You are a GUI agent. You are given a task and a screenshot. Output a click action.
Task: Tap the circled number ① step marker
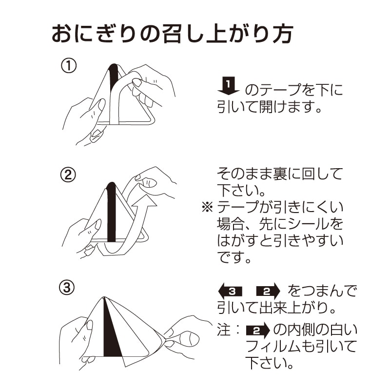click(x=68, y=65)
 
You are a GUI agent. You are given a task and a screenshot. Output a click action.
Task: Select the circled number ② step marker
click(x=68, y=175)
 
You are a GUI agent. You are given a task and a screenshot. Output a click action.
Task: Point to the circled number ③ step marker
click(x=68, y=288)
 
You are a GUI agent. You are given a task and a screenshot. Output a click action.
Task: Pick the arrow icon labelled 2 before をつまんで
click(x=268, y=292)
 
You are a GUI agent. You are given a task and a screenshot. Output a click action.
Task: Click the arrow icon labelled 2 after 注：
click(x=258, y=331)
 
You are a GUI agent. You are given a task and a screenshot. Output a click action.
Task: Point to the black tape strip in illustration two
click(x=111, y=210)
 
